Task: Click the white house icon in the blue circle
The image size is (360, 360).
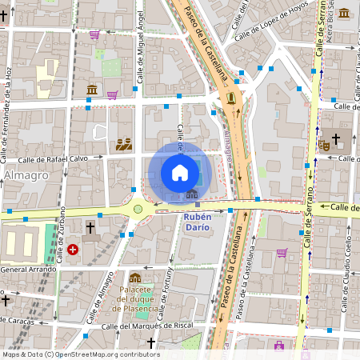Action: tap(180, 173)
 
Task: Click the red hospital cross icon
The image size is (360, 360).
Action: tap(73, 250)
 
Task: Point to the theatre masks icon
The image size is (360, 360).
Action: tap(324, 145)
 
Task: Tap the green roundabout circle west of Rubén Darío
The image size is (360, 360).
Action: tap(138, 210)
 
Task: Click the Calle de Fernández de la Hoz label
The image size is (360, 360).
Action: tap(8, 94)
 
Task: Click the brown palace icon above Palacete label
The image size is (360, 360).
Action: tap(135, 278)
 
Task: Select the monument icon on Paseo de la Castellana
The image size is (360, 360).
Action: tap(231, 98)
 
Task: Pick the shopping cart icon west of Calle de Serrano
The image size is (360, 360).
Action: tap(282, 253)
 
